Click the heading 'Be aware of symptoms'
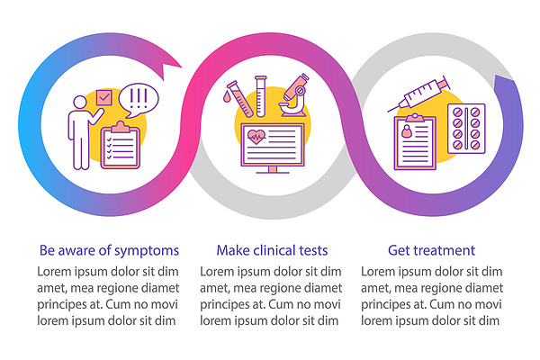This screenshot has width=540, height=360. [109, 250]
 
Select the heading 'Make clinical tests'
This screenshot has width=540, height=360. [272, 250]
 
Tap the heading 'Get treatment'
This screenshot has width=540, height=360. [431, 250]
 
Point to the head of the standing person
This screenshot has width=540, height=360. [80, 103]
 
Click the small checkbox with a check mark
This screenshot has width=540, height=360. [104, 98]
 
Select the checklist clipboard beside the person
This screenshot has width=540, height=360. [121, 146]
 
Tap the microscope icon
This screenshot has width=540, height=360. [294, 95]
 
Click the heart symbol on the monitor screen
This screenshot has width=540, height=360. [256, 137]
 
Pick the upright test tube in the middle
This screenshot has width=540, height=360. [261, 96]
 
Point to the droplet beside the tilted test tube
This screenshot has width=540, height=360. [227, 96]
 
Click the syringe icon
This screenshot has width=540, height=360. [419, 94]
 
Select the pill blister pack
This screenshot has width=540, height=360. [466, 129]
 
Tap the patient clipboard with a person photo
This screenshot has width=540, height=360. [415, 142]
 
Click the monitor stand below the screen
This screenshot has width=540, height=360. [273, 169]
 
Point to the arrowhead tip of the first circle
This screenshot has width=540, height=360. [182, 67]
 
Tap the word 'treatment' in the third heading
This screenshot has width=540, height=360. [444, 250]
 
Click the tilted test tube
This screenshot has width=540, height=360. [240, 99]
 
